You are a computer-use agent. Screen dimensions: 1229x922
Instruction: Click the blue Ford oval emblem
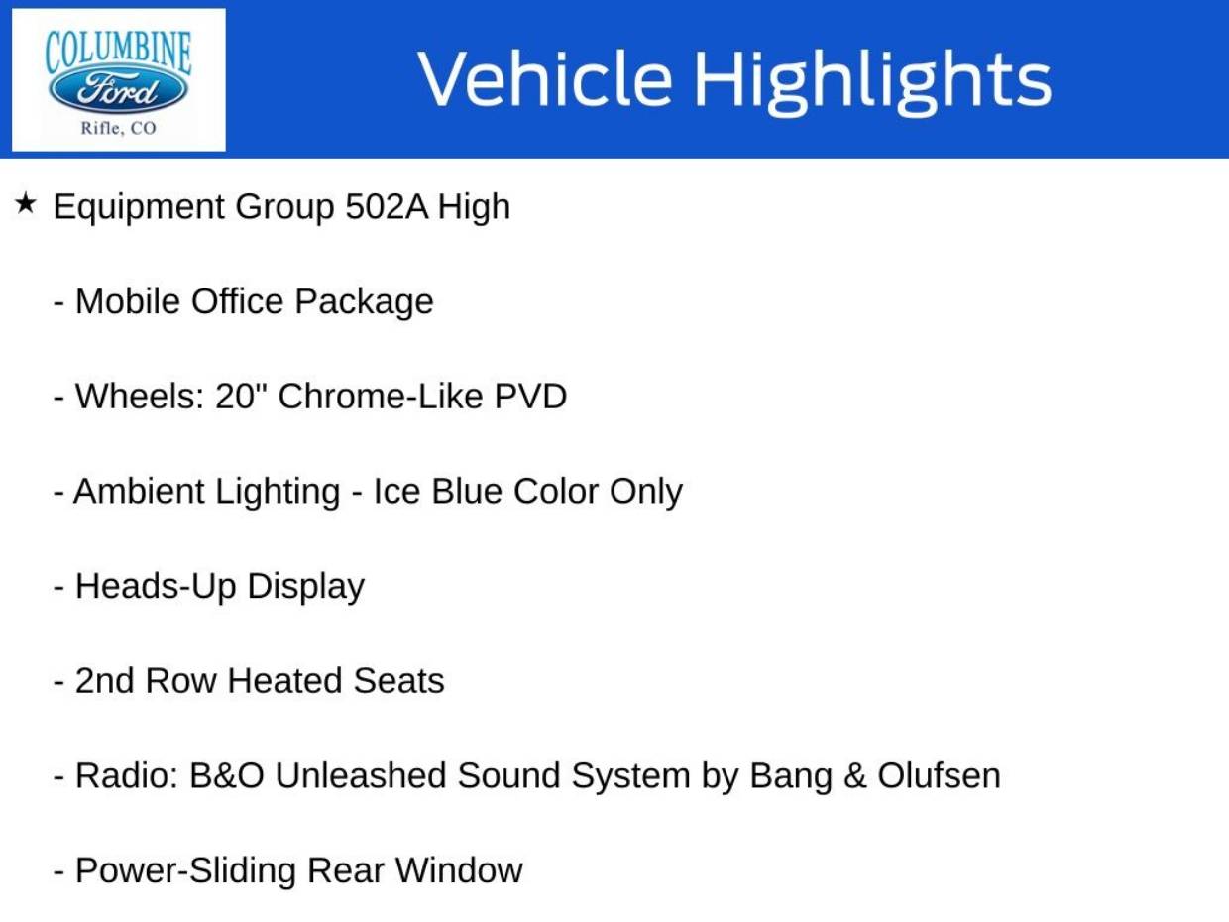tap(118, 89)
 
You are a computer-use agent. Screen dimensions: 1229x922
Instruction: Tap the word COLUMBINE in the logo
tap(118, 53)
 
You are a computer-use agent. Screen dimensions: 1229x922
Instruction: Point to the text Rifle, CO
tap(118, 128)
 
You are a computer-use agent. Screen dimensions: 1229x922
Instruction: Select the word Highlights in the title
tap(873, 83)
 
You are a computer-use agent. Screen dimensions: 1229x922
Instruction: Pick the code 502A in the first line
tap(387, 206)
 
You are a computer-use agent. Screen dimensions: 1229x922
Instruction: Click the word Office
tap(238, 301)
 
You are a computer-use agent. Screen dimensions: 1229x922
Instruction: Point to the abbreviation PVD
tap(530, 397)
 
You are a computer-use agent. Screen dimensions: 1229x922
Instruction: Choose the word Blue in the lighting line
tap(467, 491)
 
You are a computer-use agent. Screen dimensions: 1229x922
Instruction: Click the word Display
tap(305, 588)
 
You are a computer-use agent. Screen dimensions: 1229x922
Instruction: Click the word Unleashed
tap(361, 776)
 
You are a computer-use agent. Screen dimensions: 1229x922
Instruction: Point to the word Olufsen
tap(939, 776)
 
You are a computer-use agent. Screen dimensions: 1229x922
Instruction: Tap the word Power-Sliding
tap(185, 872)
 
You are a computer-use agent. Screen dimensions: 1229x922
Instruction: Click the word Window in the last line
tap(459, 870)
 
